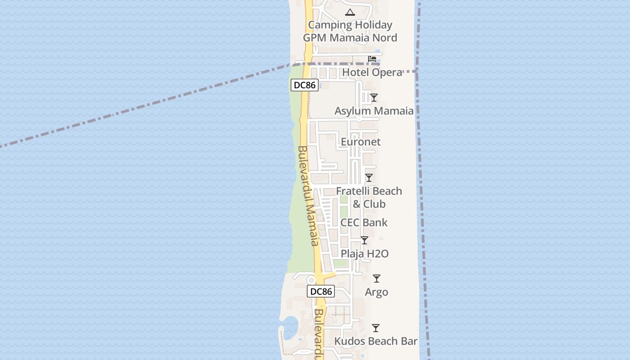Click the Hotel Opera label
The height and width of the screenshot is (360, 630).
click(372, 72)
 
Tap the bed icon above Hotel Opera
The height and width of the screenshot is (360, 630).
click(372, 59)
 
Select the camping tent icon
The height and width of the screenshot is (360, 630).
click(350, 12)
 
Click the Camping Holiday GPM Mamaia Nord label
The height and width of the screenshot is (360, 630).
click(350, 31)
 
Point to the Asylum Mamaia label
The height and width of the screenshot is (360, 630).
click(374, 111)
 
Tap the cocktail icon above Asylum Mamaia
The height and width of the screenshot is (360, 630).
click(374, 97)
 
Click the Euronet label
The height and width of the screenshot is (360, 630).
click(360, 142)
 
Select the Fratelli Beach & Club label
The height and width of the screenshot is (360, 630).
click(369, 198)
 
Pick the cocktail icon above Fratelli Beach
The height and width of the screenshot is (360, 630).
click(369, 178)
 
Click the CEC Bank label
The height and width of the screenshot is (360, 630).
click(364, 222)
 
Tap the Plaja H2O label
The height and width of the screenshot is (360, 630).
click(364, 254)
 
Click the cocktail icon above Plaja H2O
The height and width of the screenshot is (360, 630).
click(364, 240)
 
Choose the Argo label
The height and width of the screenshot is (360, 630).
click(377, 292)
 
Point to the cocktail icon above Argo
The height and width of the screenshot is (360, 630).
click(377, 279)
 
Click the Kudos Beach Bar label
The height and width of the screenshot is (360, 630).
click(376, 341)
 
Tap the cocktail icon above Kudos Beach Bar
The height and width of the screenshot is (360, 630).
click(376, 328)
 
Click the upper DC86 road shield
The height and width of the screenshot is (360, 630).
click(305, 85)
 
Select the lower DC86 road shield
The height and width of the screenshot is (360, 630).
click(321, 291)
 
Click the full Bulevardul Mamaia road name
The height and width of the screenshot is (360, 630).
click(309, 196)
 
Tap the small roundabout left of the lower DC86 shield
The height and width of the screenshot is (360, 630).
click(310, 280)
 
